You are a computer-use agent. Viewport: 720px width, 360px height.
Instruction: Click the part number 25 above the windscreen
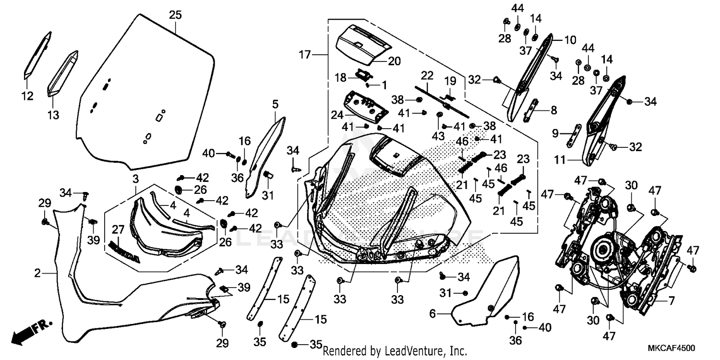pyautogui.click(x=175, y=15)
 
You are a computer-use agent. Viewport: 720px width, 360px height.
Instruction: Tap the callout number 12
pyautogui.click(x=28, y=96)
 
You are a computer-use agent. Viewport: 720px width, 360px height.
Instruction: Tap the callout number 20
pyautogui.click(x=394, y=61)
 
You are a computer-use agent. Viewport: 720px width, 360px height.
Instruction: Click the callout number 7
pyautogui.click(x=671, y=301)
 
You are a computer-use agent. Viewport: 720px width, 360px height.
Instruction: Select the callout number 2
pyautogui.click(x=37, y=274)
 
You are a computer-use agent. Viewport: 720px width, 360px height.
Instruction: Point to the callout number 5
pyautogui.click(x=275, y=104)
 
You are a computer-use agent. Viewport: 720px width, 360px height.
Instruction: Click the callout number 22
pyautogui.click(x=427, y=75)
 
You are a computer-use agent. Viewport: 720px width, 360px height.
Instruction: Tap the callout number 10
pyautogui.click(x=570, y=40)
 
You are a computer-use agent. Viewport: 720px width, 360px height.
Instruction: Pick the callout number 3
pyautogui.click(x=136, y=180)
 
